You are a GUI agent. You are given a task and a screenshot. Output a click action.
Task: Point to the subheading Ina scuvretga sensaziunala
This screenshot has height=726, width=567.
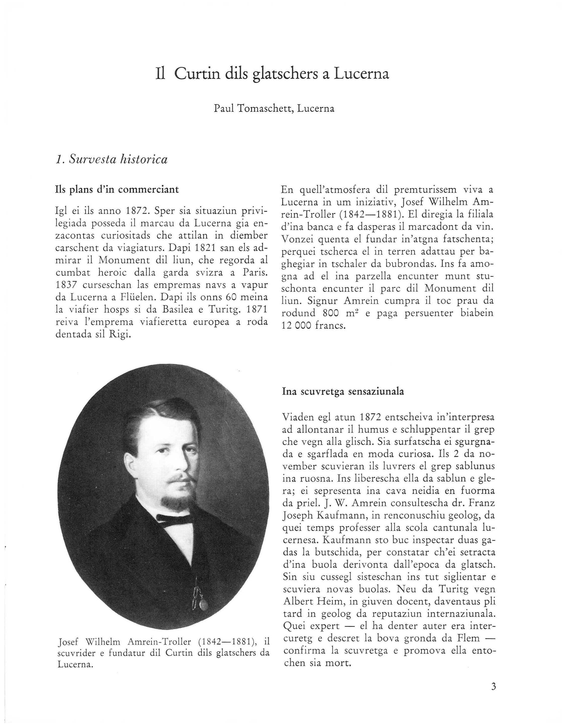[343, 392]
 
